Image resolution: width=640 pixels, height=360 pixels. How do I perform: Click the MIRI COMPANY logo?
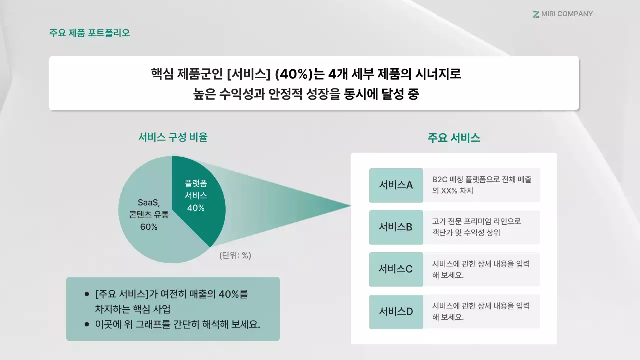click(x=563, y=14)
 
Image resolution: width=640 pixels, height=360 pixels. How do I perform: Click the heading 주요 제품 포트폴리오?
click(x=90, y=33)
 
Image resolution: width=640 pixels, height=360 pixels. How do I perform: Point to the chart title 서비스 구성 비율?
click(x=173, y=137)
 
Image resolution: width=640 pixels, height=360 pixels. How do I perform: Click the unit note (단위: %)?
click(x=235, y=255)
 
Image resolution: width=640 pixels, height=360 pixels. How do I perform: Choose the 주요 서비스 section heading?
click(x=454, y=138)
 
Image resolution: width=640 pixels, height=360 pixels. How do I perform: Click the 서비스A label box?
click(x=396, y=185)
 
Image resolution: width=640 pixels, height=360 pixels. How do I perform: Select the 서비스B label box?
click(x=396, y=227)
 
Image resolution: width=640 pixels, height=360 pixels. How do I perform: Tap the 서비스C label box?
click(x=396, y=269)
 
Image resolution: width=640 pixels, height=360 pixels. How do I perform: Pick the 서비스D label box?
click(x=396, y=312)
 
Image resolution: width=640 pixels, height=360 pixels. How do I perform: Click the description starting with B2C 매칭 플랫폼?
click(x=482, y=185)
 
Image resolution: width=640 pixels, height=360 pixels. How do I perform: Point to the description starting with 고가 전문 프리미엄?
click(x=476, y=227)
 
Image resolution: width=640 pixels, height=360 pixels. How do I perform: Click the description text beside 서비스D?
click(x=481, y=311)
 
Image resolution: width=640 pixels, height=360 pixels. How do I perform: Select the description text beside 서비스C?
click(x=481, y=269)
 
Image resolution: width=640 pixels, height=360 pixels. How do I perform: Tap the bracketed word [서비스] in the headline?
click(x=248, y=74)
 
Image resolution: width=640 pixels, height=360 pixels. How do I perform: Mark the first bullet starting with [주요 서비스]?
click(x=171, y=301)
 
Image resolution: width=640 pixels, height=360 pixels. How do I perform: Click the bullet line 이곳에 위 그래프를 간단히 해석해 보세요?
click(x=178, y=324)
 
